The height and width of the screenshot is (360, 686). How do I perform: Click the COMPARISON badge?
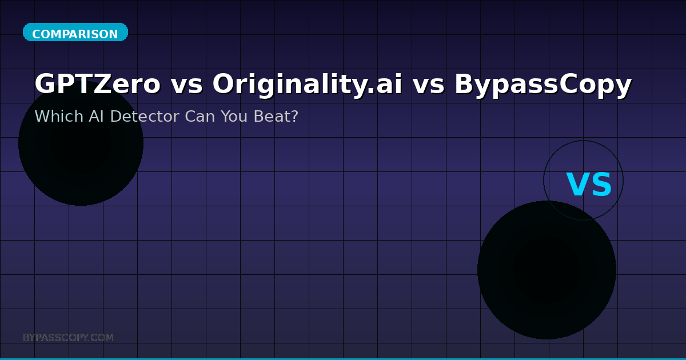pos(75,32)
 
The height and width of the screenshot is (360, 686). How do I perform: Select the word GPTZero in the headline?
pos(98,84)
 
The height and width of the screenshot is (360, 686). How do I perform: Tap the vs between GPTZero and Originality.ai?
pos(186,85)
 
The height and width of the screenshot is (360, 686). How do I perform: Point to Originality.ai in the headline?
pos(307,85)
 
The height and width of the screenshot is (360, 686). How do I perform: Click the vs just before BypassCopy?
pos(428,85)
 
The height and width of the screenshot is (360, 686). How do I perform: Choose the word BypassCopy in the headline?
pos(543,85)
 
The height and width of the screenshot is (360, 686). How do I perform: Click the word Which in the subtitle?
pos(59,117)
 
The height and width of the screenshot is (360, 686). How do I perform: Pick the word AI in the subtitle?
pos(96,117)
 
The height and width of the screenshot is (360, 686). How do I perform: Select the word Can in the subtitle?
pos(200,117)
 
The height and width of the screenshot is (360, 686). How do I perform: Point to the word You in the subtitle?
pos(234,117)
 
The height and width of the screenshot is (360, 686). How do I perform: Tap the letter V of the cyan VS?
pos(577,184)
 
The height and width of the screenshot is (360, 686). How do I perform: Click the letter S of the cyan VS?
pos(601,184)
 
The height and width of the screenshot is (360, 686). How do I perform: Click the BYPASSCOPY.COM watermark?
pos(68,338)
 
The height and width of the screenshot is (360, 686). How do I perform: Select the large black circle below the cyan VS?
pos(547,270)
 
